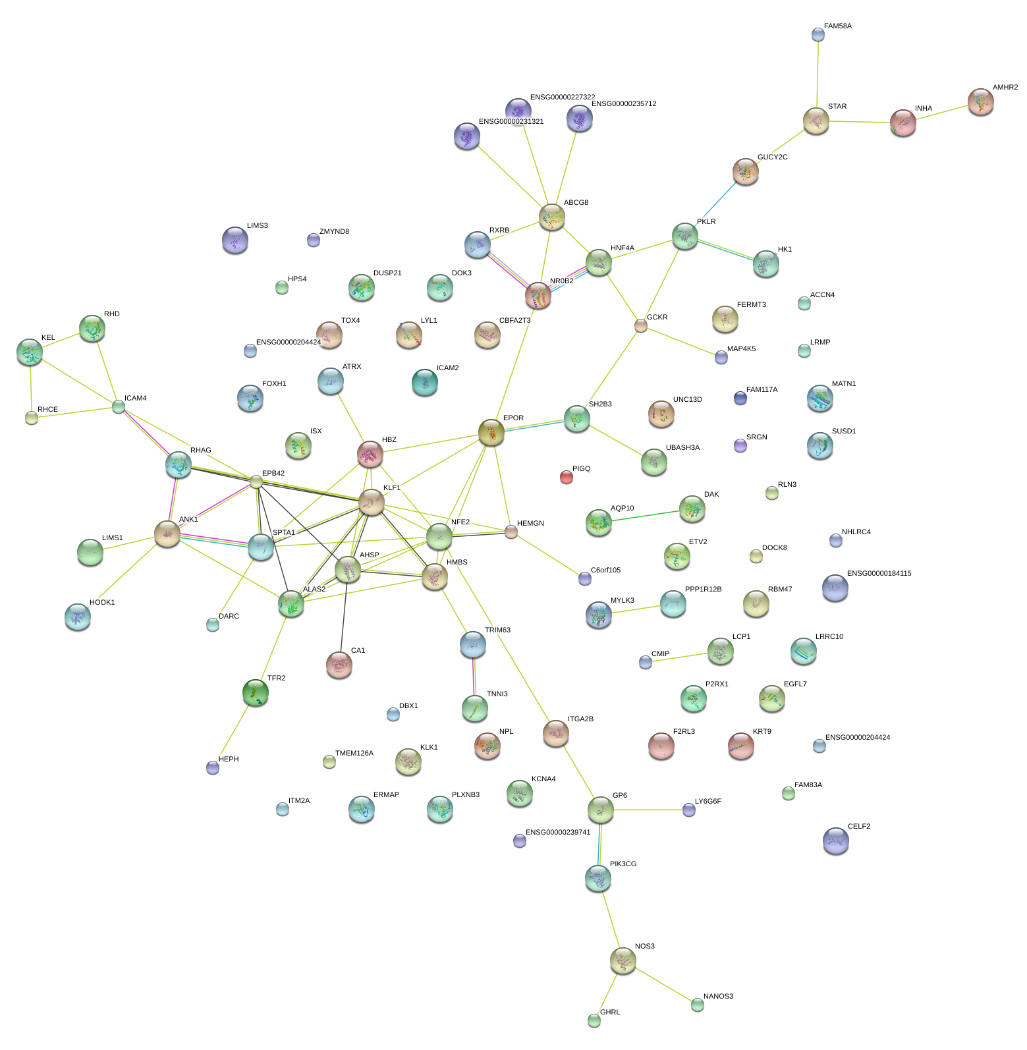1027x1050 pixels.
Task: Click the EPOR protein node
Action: click(x=491, y=432)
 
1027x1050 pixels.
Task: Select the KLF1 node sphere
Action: click(x=372, y=502)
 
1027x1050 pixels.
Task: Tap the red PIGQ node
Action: click(x=566, y=477)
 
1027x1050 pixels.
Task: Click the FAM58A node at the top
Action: click(x=818, y=34)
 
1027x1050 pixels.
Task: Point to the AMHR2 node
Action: click(x=980, y=101)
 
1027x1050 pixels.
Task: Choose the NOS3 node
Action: click(x=623, y=961)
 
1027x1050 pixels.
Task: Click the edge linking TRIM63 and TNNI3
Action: click(x=474, y=675)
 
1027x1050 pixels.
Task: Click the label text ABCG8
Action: click(x=576, y=203)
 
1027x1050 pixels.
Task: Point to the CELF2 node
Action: click(x=835, y=841)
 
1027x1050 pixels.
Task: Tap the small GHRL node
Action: click(x=594, y=1020)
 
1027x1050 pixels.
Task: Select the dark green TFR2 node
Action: click(x=255, y=692)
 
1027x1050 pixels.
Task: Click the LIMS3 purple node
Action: click(x=235, y=240)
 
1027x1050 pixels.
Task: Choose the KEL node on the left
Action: click(x=30, y=352)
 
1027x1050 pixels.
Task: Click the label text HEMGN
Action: click(x=530, y=524)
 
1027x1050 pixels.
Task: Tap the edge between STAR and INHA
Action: click(x=860, y=122)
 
